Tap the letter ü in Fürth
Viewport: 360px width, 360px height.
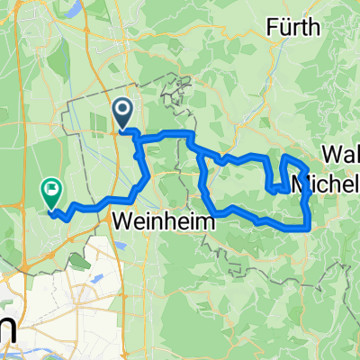tap(284, 29)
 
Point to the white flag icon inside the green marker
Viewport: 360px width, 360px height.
tap(51, 189)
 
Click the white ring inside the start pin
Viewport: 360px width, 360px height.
tap(122, 111)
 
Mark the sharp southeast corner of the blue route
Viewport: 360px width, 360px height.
tap(310, 229)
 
